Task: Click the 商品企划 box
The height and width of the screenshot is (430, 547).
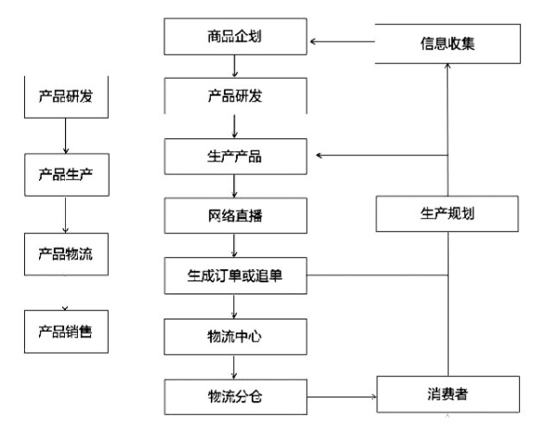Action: click(x=236, y=36)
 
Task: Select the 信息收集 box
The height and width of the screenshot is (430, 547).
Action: click(x=448, y=44)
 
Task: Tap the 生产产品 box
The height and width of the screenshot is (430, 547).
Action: click(x=236, y=156)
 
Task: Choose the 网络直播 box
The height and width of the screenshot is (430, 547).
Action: click(x=236, y=215)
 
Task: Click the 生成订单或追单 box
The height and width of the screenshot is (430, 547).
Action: click(x=236, y=276)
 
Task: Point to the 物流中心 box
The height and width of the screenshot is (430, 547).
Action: click(x=236, y=336)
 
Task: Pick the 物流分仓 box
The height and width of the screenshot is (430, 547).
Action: click(x=236, y=397)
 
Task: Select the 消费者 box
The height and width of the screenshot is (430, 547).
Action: click(x=448, y=394)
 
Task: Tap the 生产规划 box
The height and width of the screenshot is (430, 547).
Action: click(x=448, y=214)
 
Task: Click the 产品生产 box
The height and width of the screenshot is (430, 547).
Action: click(x=67, y=175)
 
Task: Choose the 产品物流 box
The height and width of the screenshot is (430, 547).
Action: click(x=66, y=254)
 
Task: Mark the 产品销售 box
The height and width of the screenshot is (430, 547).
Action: click(x=66, y=332)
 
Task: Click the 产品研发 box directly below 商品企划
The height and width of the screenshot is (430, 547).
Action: click(x=236, y=96)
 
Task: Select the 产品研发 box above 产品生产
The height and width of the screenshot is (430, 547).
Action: click(x=66, y=97)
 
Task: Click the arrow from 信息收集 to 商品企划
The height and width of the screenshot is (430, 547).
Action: click(x=343, y=42)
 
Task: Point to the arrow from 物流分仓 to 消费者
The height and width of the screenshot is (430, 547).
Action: click(x=342, y=397)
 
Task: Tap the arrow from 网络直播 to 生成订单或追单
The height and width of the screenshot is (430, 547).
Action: click(x=234, y=246)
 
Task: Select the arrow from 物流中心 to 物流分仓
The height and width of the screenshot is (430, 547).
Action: click(x=234, y=367)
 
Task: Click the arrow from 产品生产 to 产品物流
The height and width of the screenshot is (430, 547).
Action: click(x=65, y=215)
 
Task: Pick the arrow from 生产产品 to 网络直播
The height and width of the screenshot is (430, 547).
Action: click(x=234, y=187)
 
